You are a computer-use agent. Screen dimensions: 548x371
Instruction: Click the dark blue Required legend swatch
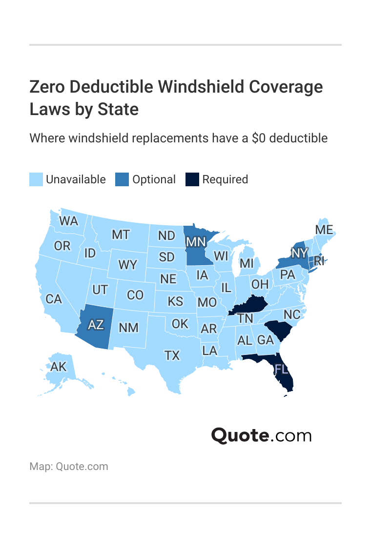[x=192, y=179]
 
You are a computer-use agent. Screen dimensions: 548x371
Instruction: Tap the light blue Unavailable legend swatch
[x=36, y=179]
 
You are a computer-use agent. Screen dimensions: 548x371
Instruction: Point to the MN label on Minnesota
[x=195, y=241]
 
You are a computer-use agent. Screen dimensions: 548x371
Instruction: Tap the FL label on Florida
[x=282, y=369]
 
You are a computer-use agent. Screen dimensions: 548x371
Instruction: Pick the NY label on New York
[x=299, y=253]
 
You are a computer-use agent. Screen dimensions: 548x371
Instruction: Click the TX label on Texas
[x=172, y=355]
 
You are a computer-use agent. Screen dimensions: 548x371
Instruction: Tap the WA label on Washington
[x=69, y=221]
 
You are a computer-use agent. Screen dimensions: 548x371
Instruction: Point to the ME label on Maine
[x=324, y=230]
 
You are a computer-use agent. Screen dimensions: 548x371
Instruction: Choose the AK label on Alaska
[x=59, y=367]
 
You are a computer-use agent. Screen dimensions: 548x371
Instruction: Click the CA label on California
[x=54, y=299]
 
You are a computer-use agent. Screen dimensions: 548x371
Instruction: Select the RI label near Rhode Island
[x=319, y=261]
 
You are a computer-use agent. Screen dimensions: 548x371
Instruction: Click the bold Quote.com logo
[x=261, y=435]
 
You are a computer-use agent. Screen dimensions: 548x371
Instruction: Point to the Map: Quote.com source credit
[x=69, y=467]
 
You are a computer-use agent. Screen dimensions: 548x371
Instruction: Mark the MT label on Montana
[x=121, y=235]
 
